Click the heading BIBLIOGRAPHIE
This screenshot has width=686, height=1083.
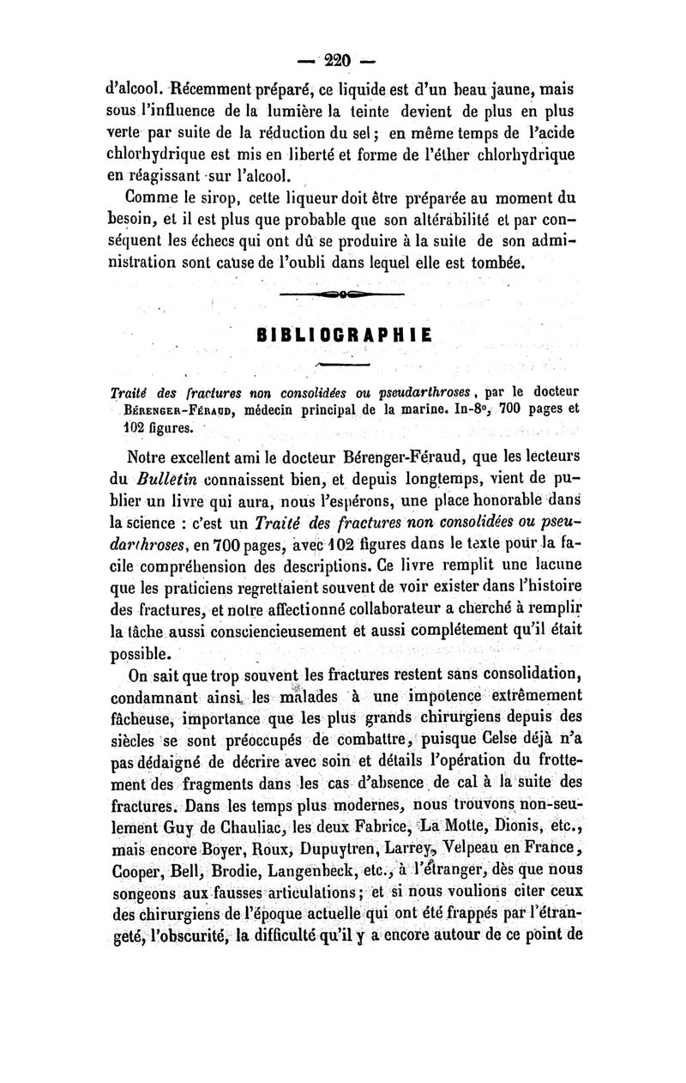tap(342, 334)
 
